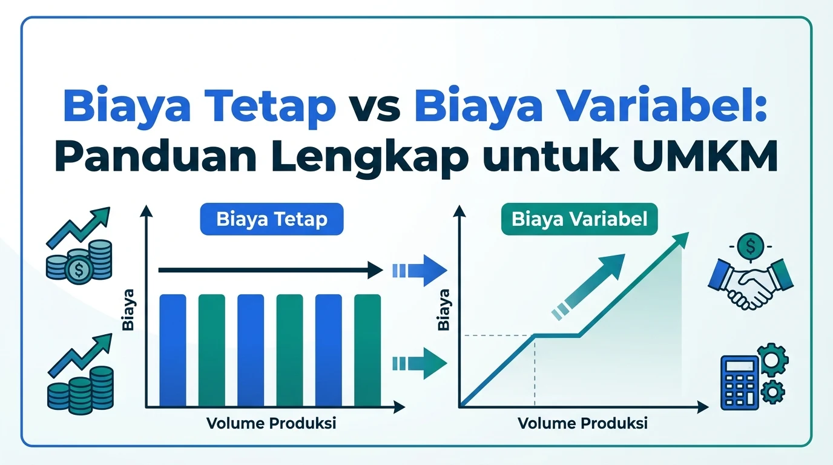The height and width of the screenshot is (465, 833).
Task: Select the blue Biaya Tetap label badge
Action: pos(271,219)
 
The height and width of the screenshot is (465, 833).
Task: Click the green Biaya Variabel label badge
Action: pos(579,219)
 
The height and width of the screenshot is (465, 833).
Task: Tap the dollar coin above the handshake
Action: pos(751,246)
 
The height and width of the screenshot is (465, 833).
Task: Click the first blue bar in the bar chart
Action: pos(173,350)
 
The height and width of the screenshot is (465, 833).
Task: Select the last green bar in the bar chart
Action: pos(367,350)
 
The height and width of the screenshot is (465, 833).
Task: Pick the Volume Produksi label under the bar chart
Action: pos(271,423)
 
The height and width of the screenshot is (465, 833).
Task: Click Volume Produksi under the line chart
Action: pos(582,423)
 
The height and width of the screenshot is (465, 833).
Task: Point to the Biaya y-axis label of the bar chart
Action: pos(128,309)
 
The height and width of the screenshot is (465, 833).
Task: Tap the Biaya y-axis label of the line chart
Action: pos(444,309)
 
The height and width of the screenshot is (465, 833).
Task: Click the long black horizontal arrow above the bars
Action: pos(271,269)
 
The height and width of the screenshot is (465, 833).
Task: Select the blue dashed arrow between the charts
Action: pos(420,271)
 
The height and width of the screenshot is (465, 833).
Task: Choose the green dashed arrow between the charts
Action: pos(420,363)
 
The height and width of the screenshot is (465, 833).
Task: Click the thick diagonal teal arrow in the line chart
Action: pos(588,287)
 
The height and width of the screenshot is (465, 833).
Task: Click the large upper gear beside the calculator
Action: pos(772,360)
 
